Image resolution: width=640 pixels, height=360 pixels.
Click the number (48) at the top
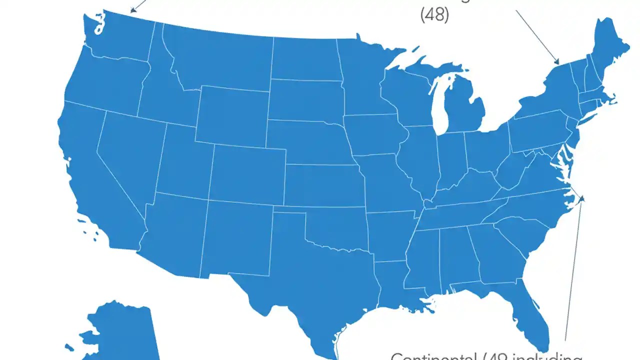pyautogui.click(x=434, y=15)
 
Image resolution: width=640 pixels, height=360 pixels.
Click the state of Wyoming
pyautogui.click(x=232, y=115)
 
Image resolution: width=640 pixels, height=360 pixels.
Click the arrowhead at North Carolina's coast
pyautogui.click(x=581, y=199)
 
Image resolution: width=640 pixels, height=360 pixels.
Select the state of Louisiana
pyautogui.click(x=395, y=285)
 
